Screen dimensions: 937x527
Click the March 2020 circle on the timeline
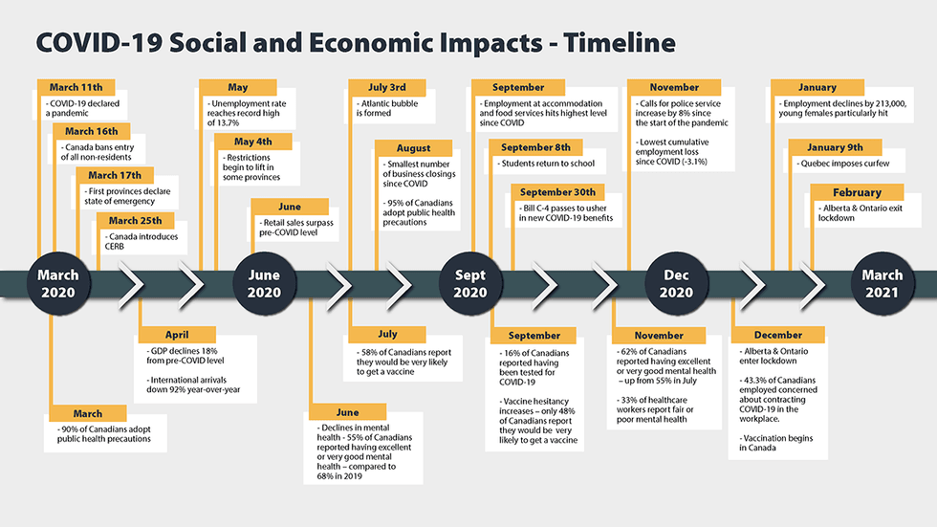(x=58, y=284)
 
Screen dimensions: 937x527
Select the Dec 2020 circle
(x=676, y=284)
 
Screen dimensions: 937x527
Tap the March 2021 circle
(x=882, y=284)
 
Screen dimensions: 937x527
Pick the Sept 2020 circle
(x=470, y=284)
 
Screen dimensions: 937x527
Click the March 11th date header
(x=76, y=87)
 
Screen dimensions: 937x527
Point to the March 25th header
(x=135, y=221)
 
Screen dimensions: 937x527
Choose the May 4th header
(x=252, y=142)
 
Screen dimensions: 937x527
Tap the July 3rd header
(x=386, y=87)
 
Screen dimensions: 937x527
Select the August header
(x=413, y=147)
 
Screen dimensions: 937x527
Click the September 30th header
(x=557, y=192)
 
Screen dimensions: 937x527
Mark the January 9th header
(x=835, y=147)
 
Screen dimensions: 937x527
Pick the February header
(x=857, y=192)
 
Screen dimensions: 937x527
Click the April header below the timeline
(x=177, y=335)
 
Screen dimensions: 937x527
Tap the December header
(x=778, y=335)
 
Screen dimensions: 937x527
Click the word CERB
(x=114, y=246)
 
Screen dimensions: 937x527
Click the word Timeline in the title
(x=620, y=42)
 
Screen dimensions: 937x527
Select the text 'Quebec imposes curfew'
(x=842, y=164)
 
